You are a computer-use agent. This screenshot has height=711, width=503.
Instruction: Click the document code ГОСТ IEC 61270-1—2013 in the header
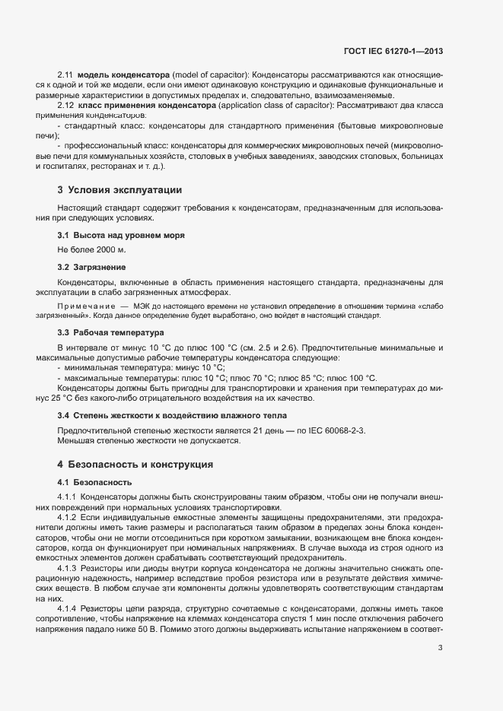(x=393, y=51)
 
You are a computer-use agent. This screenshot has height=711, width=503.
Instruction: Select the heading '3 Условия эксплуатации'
(x=119, y=189)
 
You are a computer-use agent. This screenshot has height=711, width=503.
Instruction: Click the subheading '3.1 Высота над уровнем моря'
(x=121, y=236)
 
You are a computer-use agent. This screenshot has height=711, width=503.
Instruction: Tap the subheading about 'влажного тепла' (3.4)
(x=172, y=415)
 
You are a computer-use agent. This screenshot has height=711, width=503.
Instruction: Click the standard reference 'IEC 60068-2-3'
(x=333, y=430)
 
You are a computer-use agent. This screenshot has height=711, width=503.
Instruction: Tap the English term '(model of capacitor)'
(x=211, y=74)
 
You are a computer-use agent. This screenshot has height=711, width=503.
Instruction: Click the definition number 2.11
(x=65, y=74)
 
